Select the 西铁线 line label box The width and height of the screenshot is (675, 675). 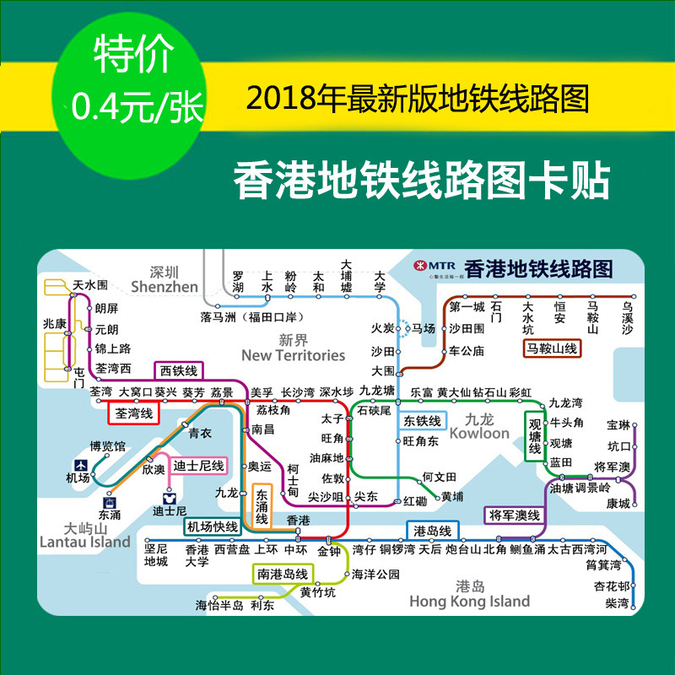(x=178, y=370)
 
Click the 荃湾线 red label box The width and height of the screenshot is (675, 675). (x=133, y=413)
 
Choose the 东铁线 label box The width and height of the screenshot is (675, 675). (x=422, y=420)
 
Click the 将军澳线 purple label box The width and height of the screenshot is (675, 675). (x=515, y=514)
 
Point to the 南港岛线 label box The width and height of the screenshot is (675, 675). (x=282, y=574)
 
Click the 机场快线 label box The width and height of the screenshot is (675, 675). (x=212, y=526)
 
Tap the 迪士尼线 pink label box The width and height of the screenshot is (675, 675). (x=198, y=466)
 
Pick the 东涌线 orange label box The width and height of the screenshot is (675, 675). (x=262, y=507)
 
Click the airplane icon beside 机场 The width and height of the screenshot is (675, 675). (x=80, y=465)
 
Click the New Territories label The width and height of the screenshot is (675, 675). (x=293, y=355)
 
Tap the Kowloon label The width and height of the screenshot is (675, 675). (x=479, y=433)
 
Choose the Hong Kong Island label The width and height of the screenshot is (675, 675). (x=469, y=602)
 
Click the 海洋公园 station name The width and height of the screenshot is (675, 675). (x=375, y=575)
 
